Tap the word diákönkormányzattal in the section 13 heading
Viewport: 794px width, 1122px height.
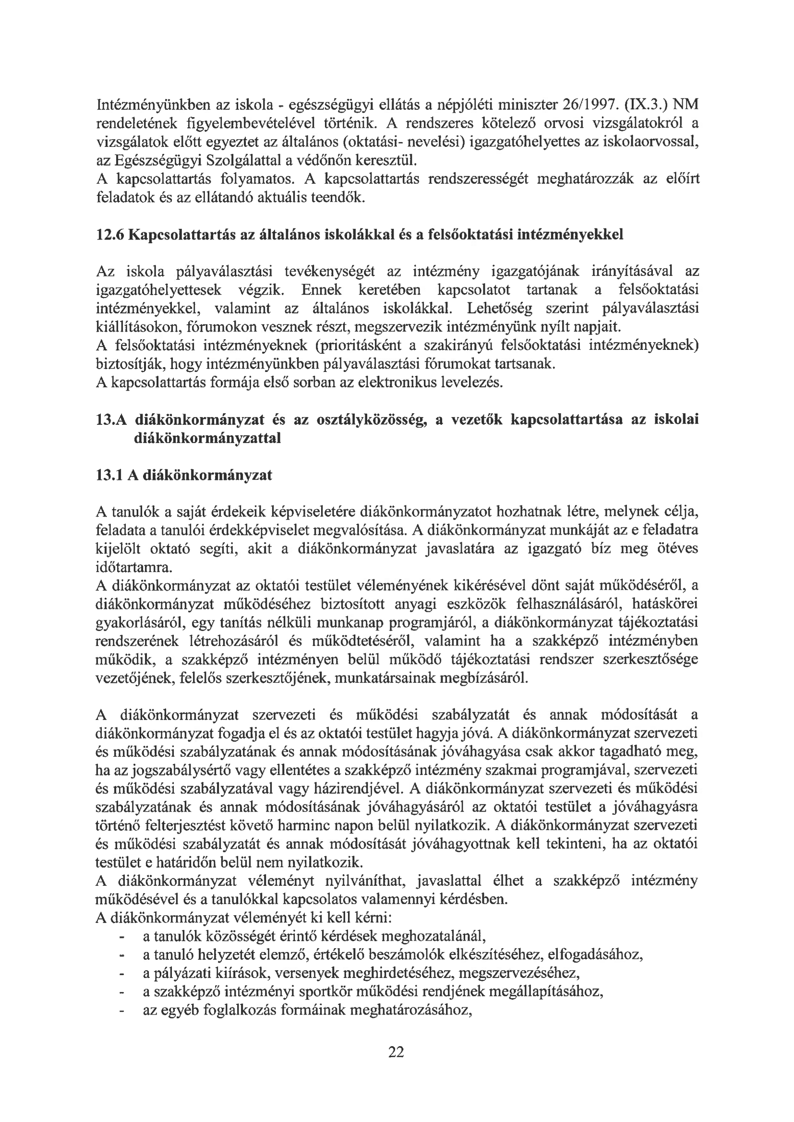pos(207,438)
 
